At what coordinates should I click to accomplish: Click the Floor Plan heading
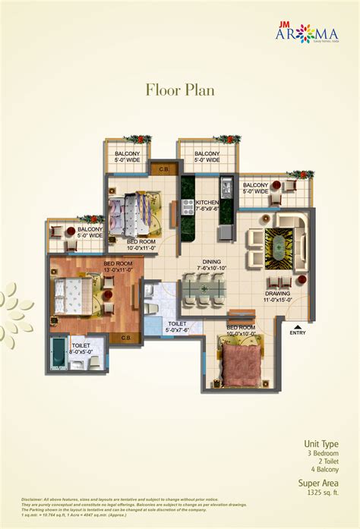[180, 90]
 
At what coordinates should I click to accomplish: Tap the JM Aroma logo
[307, 33]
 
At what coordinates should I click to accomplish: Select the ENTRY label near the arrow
[298, 332]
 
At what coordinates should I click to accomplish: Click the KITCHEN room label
[207, 203]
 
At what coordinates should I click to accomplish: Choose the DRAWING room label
[277, 293]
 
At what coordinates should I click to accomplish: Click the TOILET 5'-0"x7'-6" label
[178, 326]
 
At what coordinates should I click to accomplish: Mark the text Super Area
[318, 483]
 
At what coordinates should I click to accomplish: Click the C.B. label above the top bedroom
[161, 168]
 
